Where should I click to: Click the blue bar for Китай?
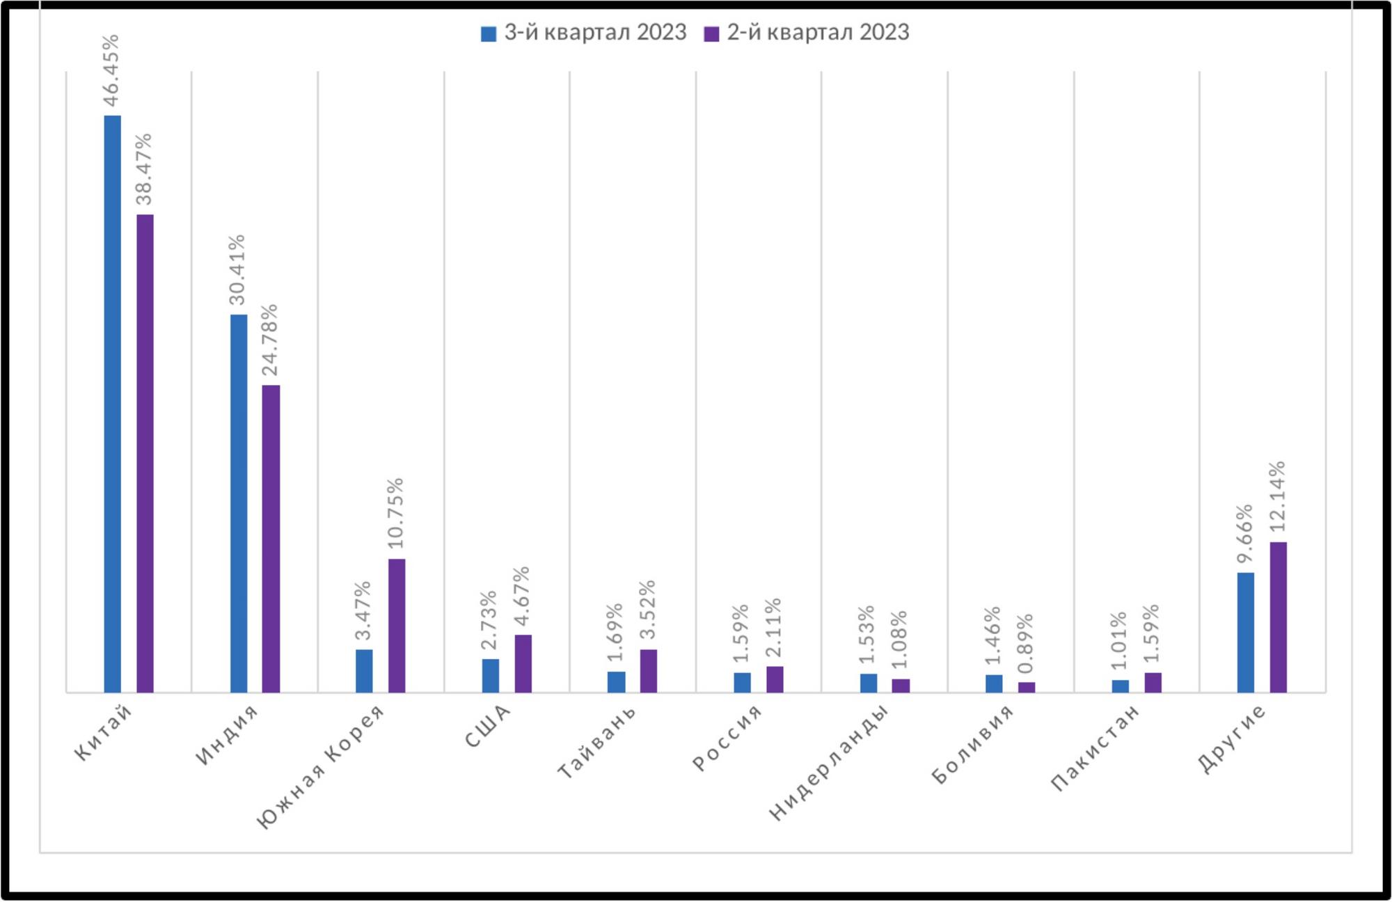pos(112,404)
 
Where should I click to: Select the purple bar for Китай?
pos(145,453)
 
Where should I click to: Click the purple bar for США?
pos(523,663)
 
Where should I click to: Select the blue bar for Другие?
pos(1246,632)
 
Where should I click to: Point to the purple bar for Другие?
pos(1278,617)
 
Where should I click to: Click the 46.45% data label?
pos(111,70)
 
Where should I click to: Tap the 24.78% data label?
pos(269,340)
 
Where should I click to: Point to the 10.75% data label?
pos(395,513)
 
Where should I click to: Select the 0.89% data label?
pos(1025,644)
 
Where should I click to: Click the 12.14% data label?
pos(1277,496)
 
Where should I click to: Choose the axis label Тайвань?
pos(596,742)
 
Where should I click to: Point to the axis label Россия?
pos(727,738)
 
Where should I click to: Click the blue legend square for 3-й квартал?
pos(489,33)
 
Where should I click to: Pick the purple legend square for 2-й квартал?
pos(711,33)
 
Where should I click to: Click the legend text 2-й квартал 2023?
pos(818,33)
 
